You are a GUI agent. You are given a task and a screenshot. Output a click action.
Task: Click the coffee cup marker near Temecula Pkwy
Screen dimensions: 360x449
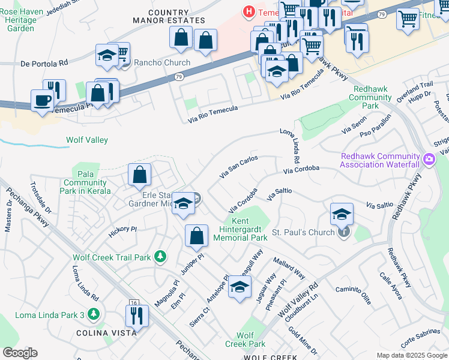pyautogui.click(x=42, y=100)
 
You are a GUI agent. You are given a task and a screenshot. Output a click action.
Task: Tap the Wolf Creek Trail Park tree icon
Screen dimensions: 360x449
pyautogui.click(x=160, y=257)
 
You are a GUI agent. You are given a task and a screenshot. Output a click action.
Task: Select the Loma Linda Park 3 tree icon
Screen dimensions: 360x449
pyautogui.click(x=93, y=313)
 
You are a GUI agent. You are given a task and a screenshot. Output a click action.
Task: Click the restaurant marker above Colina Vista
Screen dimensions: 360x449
pyautogui.click(x=137, y=315)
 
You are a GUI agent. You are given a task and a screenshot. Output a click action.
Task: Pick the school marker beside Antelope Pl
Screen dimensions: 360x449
pyautogui.click(x=240, y=287)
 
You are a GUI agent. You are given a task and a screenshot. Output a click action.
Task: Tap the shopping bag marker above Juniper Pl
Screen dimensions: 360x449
pyautogui.click(x=196, y=235)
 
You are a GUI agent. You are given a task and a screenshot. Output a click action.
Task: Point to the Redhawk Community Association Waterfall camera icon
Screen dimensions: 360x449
pyautogui.click(x=429, y=160)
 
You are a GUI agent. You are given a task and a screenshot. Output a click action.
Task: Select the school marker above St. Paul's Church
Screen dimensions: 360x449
pyautogui.click(x=341, y=214)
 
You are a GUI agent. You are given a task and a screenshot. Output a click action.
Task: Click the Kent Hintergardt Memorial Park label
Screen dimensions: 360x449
pyautogui.click(x=240, y=230)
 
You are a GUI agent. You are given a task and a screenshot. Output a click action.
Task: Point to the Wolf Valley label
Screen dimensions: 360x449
pyautogui.click(x=86, y=140)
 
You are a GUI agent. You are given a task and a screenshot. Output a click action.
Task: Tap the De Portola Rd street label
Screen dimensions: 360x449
pyautogui.click(x=44, y=62)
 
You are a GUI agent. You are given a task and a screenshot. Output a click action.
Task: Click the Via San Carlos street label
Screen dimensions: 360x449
pyautogui.click(x=239, y=167)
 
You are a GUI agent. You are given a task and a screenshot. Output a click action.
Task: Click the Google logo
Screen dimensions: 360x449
pyautogui.click(x=19, y=353)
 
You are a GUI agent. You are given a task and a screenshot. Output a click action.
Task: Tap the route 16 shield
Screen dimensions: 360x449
pyautogui.click(x=133, y=304)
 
